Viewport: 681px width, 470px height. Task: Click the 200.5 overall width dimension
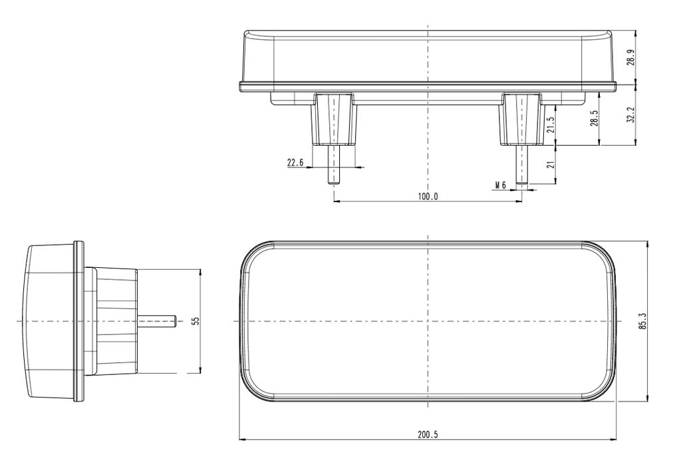click(x=428, y=435)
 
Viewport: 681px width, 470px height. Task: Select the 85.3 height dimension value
click(x=643, y=321)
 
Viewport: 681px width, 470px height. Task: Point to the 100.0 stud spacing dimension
click(x=428, y=197)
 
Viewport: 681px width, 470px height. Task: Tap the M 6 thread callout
click(x=501, y=185)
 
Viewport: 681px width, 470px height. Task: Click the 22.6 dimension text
click(x=295, y=163)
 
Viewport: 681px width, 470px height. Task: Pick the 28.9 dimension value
click(x=632, y=57)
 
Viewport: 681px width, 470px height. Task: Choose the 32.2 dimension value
click(x=632, y=115)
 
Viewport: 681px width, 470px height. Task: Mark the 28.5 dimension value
click(x=595, y=118)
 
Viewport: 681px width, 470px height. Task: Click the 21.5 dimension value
click(x=551, y=124)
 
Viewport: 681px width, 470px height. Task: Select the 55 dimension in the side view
click(x=196, y=320)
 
